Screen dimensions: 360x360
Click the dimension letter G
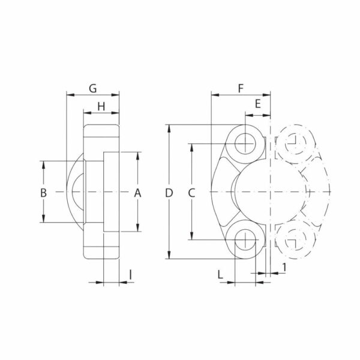tap(92, 88)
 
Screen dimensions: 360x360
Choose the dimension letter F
tap(240, 88)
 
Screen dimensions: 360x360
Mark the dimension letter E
tap(257, 104)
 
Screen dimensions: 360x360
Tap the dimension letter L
tap(221, 275)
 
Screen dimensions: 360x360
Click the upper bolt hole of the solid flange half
tap(245, 142)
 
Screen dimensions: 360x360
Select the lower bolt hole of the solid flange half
tap(245, 241)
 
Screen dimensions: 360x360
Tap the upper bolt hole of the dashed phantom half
tap(295, 142)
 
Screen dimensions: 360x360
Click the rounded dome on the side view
tap(75, 192)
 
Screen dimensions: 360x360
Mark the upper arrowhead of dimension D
tap(169, 128)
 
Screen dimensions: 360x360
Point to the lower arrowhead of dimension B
tap(43, 220)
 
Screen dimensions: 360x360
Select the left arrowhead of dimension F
tap(214, 95)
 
